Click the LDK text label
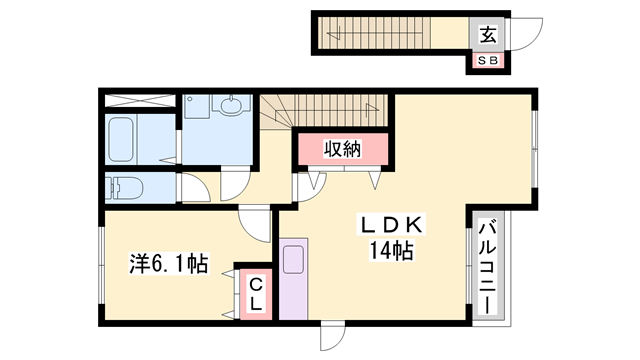tap(392, 225)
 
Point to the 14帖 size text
tap(392, 250)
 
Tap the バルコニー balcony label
tap(490, 266)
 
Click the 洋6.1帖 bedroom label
tap(167, 264)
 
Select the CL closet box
tap(254, 293)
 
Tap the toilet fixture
tap(128, 187)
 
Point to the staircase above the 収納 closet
tap(326, 108)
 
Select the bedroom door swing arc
tap(255, 225)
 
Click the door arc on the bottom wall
tap(331, 336)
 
